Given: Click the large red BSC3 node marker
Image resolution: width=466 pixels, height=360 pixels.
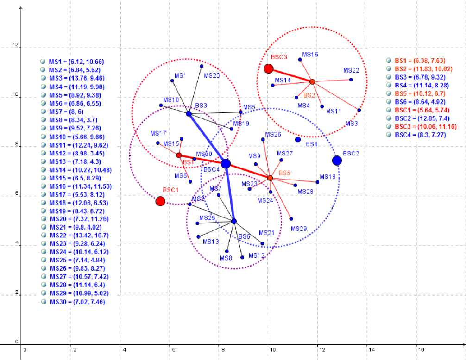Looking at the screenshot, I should tap(268, 69).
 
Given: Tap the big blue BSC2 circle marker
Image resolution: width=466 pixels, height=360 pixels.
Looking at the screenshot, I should tap(337, 161).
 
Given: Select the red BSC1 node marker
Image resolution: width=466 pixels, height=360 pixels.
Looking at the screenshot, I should tap(160, 201).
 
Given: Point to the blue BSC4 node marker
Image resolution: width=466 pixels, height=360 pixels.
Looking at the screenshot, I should tap(226, 163).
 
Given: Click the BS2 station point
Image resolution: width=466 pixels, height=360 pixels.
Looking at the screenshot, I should tap(312, 81).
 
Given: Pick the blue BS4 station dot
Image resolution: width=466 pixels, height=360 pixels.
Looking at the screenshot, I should tap(298, 139).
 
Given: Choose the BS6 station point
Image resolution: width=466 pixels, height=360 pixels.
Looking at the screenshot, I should tap(234, 221).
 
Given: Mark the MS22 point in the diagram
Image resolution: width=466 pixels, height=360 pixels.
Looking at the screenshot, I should tap(351, 80).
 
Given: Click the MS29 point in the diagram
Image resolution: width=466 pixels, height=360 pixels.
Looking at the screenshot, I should tap(291, 219).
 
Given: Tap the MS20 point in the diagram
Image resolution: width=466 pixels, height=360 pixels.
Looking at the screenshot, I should tap(202, 66).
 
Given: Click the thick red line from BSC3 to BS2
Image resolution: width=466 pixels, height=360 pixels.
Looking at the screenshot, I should tap(290, 75).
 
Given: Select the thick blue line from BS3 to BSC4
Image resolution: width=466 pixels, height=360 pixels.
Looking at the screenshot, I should tap(207, 138).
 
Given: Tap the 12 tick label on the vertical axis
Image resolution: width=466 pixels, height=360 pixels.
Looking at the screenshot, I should tap(16, 45).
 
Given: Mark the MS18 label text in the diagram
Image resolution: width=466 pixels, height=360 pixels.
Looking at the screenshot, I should tap(327, 177).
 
